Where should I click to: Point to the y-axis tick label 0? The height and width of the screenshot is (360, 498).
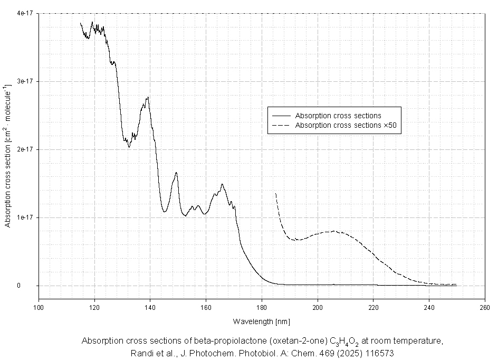point(32,286)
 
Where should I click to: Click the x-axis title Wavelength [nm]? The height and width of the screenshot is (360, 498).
point(261,321)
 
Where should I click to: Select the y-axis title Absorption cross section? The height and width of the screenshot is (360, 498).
point(8,156)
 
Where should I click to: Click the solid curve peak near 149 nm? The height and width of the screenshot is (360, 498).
point(176,173)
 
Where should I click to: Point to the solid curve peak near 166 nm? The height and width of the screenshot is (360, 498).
point(222,184)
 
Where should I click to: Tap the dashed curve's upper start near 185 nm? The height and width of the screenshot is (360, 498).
point(276,194)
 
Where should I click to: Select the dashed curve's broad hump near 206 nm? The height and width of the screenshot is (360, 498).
point(334,231)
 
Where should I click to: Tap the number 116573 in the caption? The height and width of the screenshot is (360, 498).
point(377,353)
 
